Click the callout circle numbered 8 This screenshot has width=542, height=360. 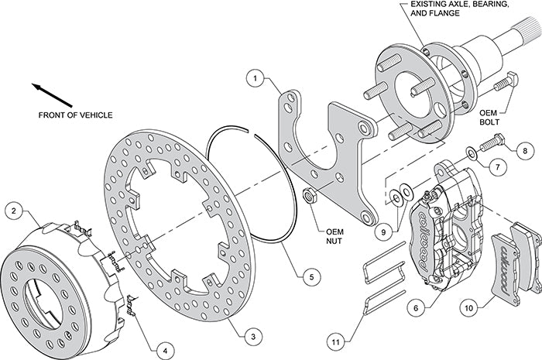coord(524,150)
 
